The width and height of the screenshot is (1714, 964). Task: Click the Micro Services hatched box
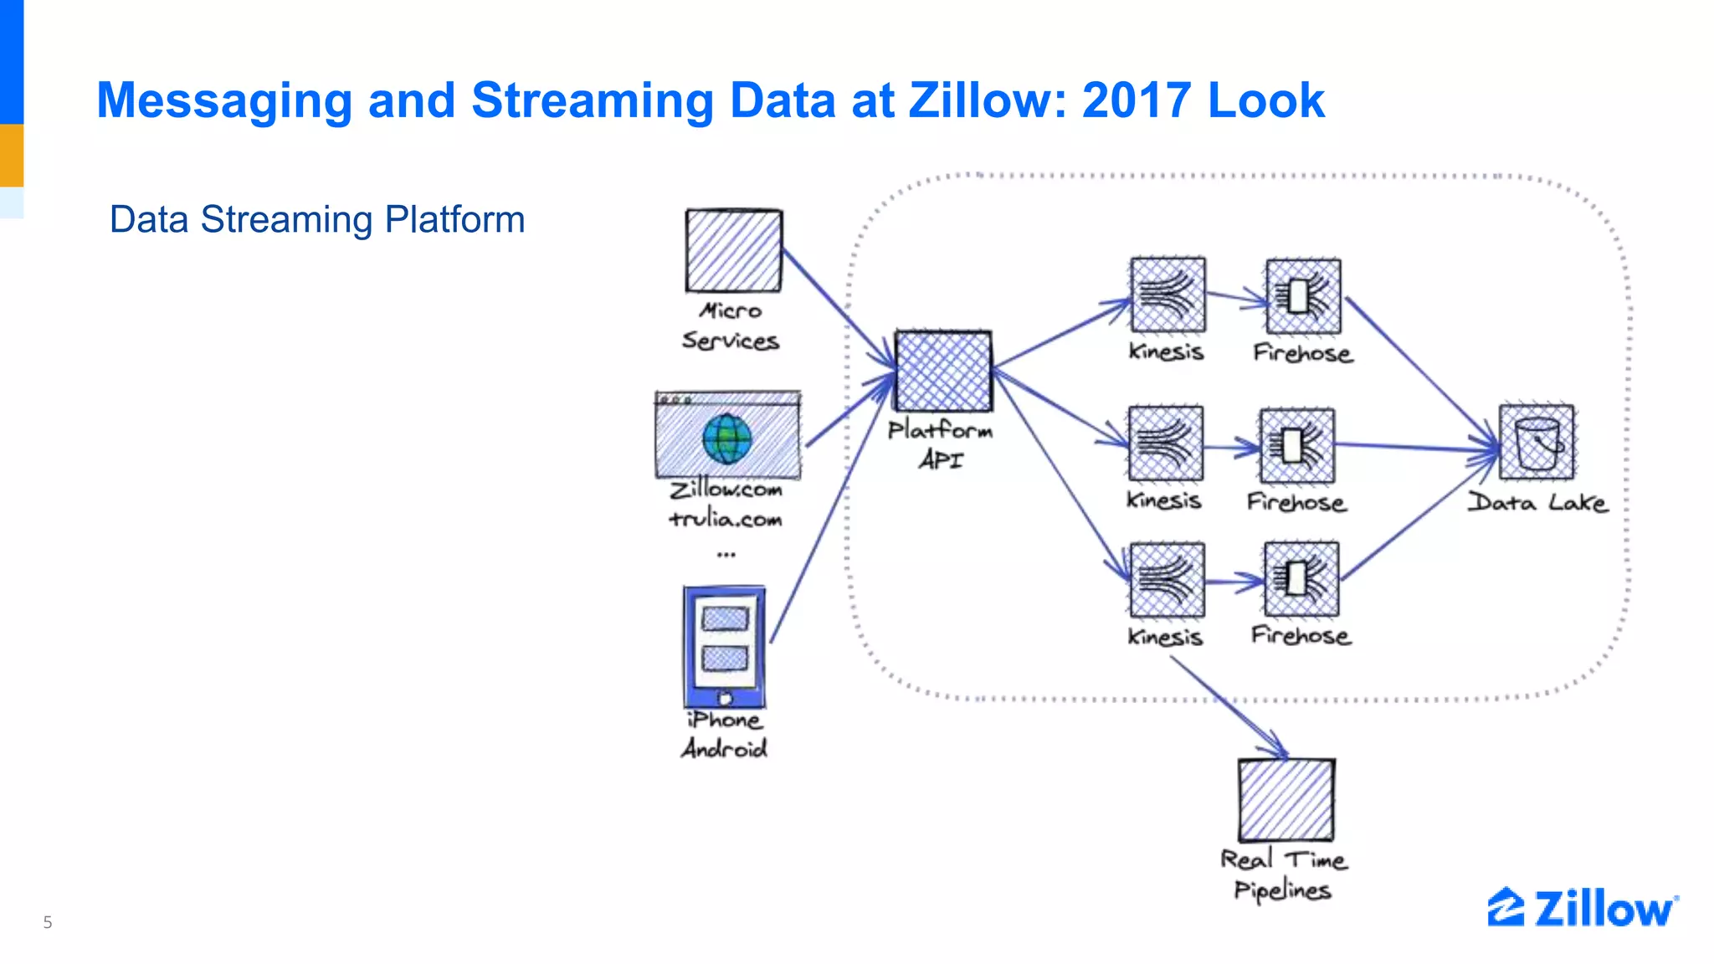point(734,250)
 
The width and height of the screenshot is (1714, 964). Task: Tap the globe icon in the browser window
point(726,438)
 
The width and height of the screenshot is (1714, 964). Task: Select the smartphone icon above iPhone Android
point(725,647)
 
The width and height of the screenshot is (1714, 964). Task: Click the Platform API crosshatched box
point(943,371)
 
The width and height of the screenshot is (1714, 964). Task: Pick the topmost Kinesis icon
point(1167,295)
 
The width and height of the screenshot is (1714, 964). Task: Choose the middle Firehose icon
point(1296,446)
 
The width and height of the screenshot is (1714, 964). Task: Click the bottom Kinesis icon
point(1167,580)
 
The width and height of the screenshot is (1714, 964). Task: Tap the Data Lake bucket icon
point(1537,443)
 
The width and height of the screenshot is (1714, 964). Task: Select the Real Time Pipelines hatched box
point(1286,800)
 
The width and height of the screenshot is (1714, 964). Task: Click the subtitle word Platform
point(454,220)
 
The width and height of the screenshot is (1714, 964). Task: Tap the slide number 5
point(48,922)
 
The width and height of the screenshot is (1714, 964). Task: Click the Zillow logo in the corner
point(1582,908)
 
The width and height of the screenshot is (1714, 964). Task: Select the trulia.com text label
point(726,520)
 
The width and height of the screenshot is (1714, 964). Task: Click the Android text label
point(724,748)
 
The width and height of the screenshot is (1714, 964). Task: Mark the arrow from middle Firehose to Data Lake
point(1414,448)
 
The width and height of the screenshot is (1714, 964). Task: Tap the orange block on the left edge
point(12,155)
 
